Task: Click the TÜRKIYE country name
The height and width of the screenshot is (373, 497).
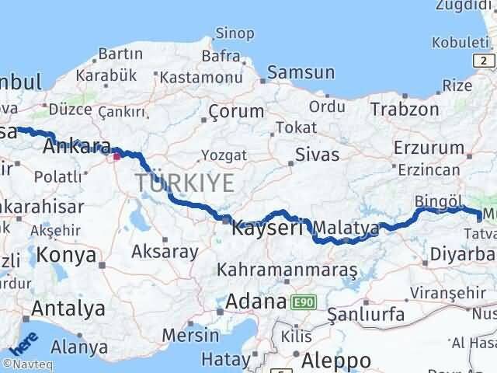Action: point(185,183)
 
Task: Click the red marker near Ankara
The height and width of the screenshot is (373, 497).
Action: point(116,156)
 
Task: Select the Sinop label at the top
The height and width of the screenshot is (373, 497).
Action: point(235,33)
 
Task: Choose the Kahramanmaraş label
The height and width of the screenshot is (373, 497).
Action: point(287,270)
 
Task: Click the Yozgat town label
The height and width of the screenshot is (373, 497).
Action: point(224,155)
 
